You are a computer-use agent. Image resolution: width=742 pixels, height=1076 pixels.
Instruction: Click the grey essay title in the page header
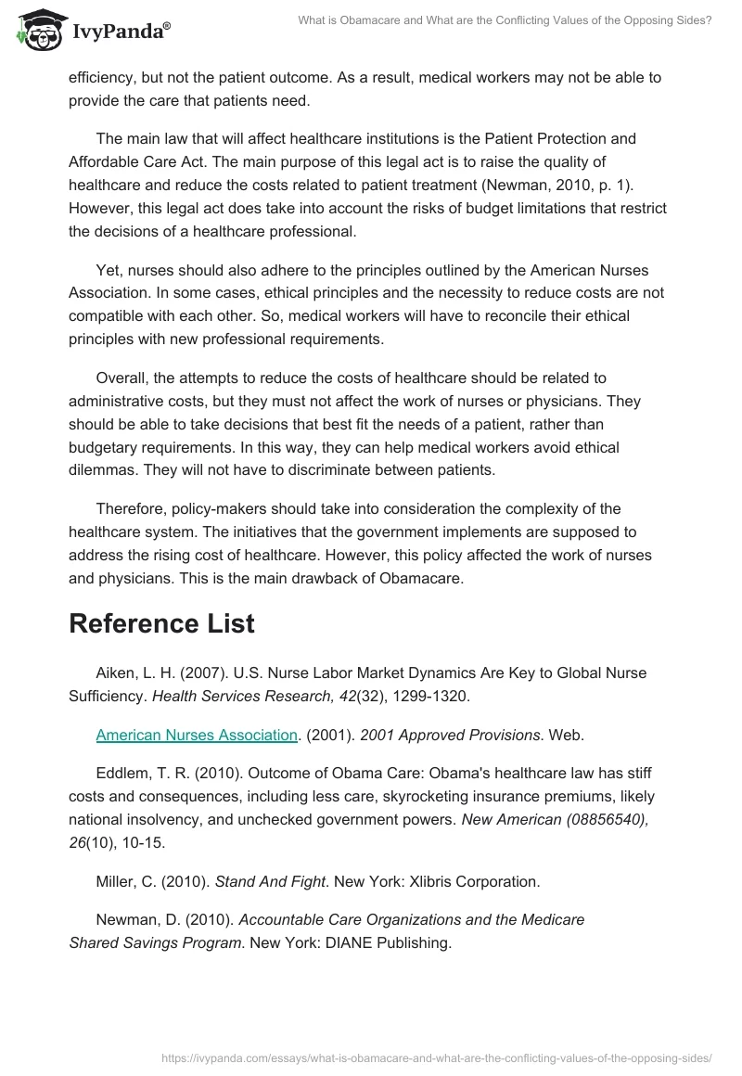coord(505,20)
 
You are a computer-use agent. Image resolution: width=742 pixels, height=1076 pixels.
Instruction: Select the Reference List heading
coord(161,624)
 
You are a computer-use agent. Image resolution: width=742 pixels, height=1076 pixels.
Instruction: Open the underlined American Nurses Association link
coord(197,736)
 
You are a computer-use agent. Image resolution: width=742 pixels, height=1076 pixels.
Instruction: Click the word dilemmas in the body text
coord(100,470)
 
